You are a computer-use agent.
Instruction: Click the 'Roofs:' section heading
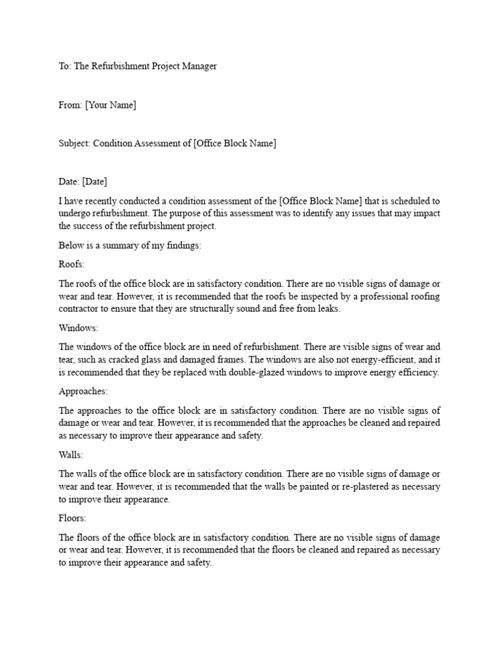pyautogui.click(x=72, y=265)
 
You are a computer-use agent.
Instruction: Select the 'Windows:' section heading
pyautogui.click(x=78, y=328)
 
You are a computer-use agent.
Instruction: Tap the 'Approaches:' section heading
pyautogui.click(x=83, y=392)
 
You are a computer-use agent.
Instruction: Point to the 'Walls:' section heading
pyautogui.click(x=71, y=455)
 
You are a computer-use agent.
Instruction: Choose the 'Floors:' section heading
pyautogui.click(x=73, y=519)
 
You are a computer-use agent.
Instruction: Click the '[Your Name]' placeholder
pyautogui.click(x=110, y=105)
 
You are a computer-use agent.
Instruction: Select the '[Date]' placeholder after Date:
pyautogui.click(x=95, y=181)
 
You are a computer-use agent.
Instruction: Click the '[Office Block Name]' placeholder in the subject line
pyautogui.click(x=235, y=143)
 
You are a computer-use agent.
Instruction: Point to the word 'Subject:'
pyautogui.click(x=74, y=143)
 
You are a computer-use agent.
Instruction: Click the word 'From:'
pyautogui.click(x=70, y=105)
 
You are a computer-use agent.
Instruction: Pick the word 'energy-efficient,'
pyautogui.click(x=396, y=360)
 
